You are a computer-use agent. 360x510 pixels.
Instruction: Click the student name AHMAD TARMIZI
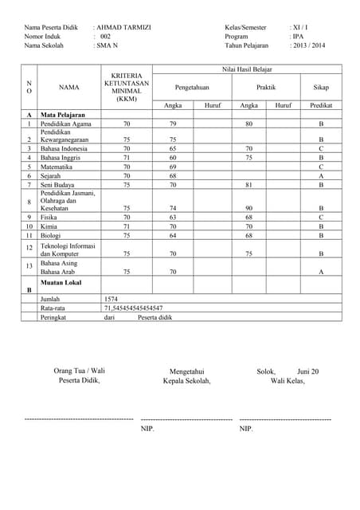[124, 27]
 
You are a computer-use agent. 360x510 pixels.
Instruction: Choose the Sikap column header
[321, 88]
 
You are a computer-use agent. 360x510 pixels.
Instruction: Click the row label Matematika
[58, 167]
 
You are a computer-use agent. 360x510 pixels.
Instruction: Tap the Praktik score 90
[248, 208]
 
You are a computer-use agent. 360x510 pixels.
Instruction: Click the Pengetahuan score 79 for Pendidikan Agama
[173, 124]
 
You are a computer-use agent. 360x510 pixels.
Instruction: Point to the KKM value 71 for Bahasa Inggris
[126, 158]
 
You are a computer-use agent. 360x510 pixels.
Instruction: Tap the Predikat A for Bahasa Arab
[321, 272]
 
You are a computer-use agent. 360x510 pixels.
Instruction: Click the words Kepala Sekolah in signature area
[186, 381]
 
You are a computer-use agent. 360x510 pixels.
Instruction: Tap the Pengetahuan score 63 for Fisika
[173, 217]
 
